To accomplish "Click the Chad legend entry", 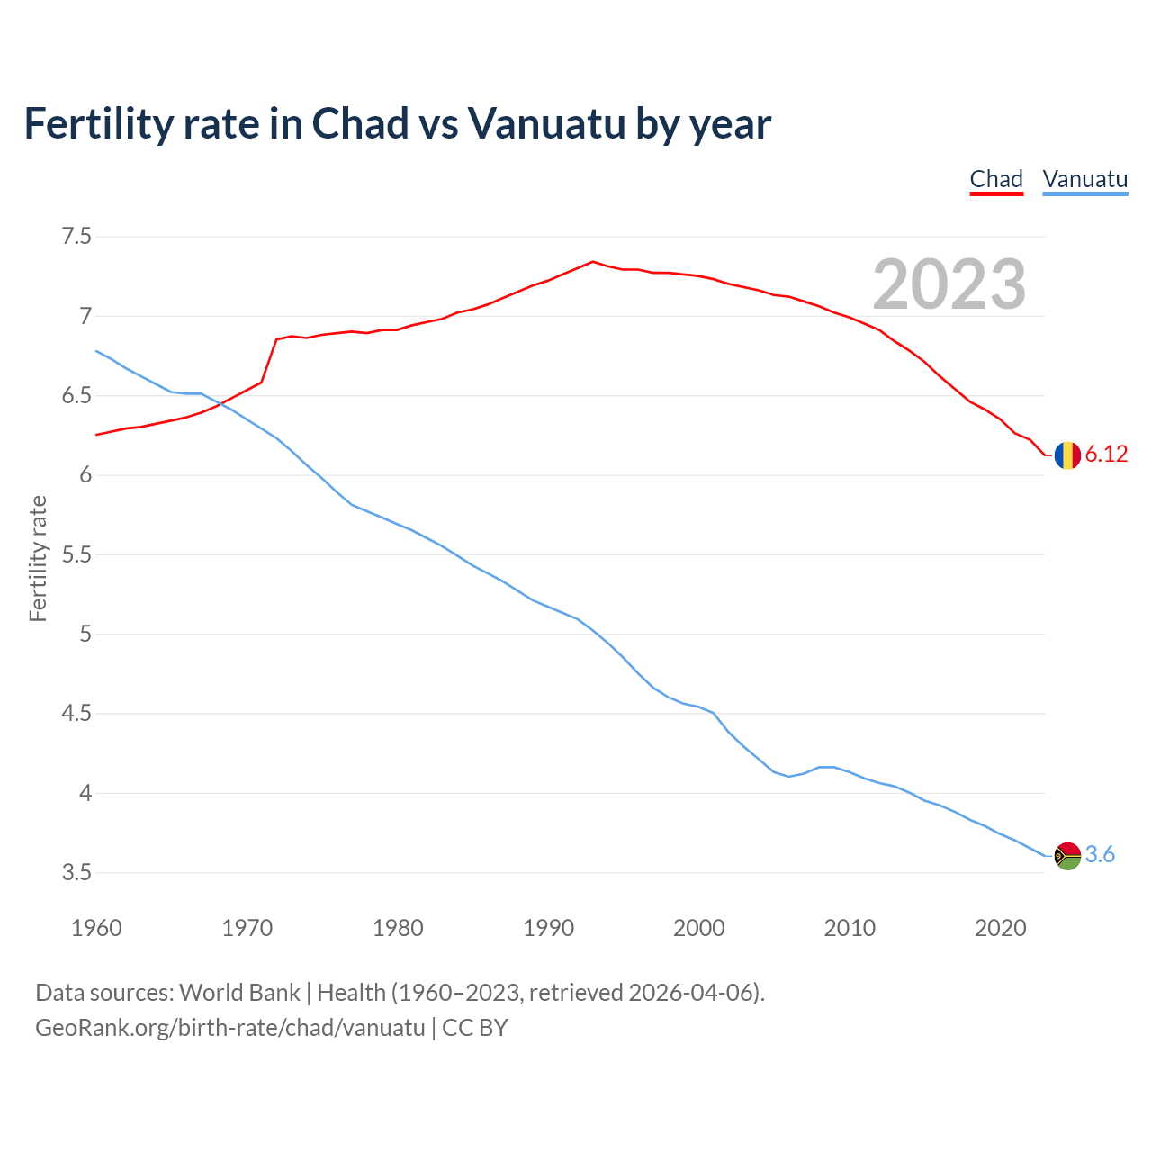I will click(x=996, y=179).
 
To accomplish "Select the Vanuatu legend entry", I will click(x=1084, y=179).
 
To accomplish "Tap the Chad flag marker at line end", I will click(x=1067, y=455).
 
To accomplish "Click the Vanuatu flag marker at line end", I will click(x=1067, y=855).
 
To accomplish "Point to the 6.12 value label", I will click(x=1106, y=454).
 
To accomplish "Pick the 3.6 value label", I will click(x=1100, y=855).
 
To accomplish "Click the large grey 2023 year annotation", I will click(x=949, y=284).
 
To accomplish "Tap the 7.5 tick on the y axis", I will click(x=76, y=237).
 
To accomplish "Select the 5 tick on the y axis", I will click(x=85, y=634).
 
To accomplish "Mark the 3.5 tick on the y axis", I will click(x=76, y=873).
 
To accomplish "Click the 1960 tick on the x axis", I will click(x=96, y=928).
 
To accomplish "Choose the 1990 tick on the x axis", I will click(x=548, y=928).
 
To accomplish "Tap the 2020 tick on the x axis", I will click(x=1000, y=928).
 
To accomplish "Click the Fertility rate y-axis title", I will click(x=38, y=558).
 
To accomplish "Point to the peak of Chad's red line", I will click(x=592, y=262).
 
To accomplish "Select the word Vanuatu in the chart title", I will click(x=546, y=124).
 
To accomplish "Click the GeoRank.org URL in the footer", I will click(x=229, y=1028).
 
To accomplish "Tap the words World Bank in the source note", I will click(x=239, y=993).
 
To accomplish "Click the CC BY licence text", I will click(x=475, y=1028).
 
